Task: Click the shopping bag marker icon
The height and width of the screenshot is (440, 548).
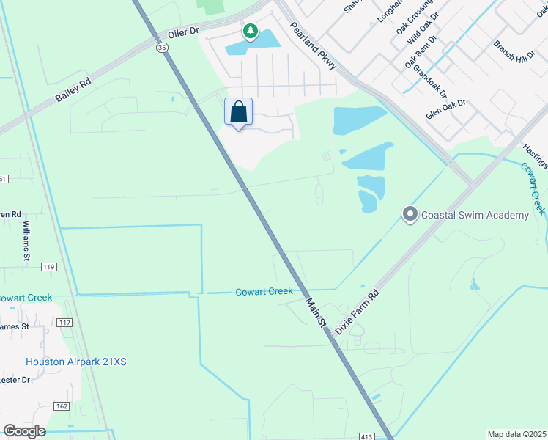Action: pos(238,113)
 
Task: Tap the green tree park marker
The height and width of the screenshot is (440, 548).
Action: pos(251,31)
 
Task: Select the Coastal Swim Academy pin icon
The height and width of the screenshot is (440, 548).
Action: pos(410,214)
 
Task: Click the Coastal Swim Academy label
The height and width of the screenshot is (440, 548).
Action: pos(475,215)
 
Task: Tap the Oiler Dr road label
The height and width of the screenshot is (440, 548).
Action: pos(183,32)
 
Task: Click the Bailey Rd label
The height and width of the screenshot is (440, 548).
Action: pos(72,91)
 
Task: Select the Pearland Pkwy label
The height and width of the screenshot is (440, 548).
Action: pos(313,45)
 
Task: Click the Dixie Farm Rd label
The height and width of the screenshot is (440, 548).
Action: pos(357,312)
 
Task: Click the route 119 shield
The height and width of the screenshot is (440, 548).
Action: pos(49,267)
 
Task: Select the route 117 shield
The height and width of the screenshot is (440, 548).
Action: pos(64,322)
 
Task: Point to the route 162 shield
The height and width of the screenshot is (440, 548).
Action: pos(61,406)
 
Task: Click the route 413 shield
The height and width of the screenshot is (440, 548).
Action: pos(366,436)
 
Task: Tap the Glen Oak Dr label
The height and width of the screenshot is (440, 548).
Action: pos(446,110)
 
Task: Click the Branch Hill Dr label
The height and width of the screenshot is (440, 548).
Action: pos(514,51)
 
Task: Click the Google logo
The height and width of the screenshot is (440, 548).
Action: pos(24,430)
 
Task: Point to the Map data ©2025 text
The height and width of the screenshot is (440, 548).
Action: pos(516,434)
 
